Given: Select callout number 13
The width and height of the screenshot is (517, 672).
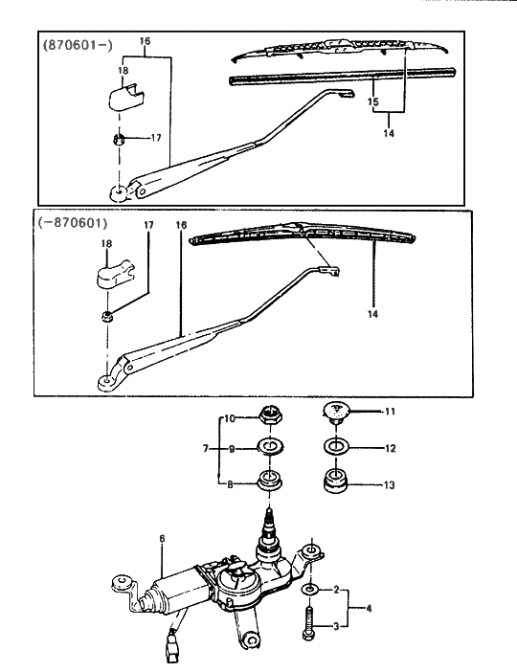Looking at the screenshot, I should click(390, 485).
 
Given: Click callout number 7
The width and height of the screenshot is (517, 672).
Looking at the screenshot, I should click(205, 448).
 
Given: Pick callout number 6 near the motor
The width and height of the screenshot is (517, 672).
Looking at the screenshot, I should click(162, 541).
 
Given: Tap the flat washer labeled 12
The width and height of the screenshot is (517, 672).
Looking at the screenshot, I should click(335, 447).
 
